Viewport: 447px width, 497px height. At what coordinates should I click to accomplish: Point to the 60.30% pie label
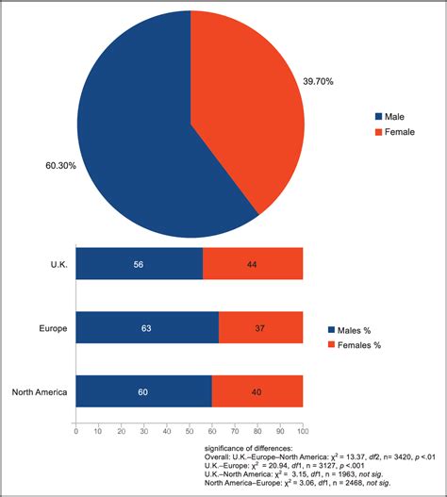tap(61, 166)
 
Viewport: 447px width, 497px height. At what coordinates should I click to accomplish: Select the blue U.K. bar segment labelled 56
tap(139, 264)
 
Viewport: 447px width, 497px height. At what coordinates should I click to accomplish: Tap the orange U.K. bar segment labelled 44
tap(253, 264)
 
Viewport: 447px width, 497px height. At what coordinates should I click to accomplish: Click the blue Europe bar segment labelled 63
tap(147, 327)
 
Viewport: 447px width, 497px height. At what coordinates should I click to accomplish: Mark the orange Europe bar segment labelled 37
tap(261, 327)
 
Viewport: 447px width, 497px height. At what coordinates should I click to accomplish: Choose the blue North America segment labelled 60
tap(143, 390)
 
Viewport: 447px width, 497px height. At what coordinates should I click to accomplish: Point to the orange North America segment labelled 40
tap(257, 390)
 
